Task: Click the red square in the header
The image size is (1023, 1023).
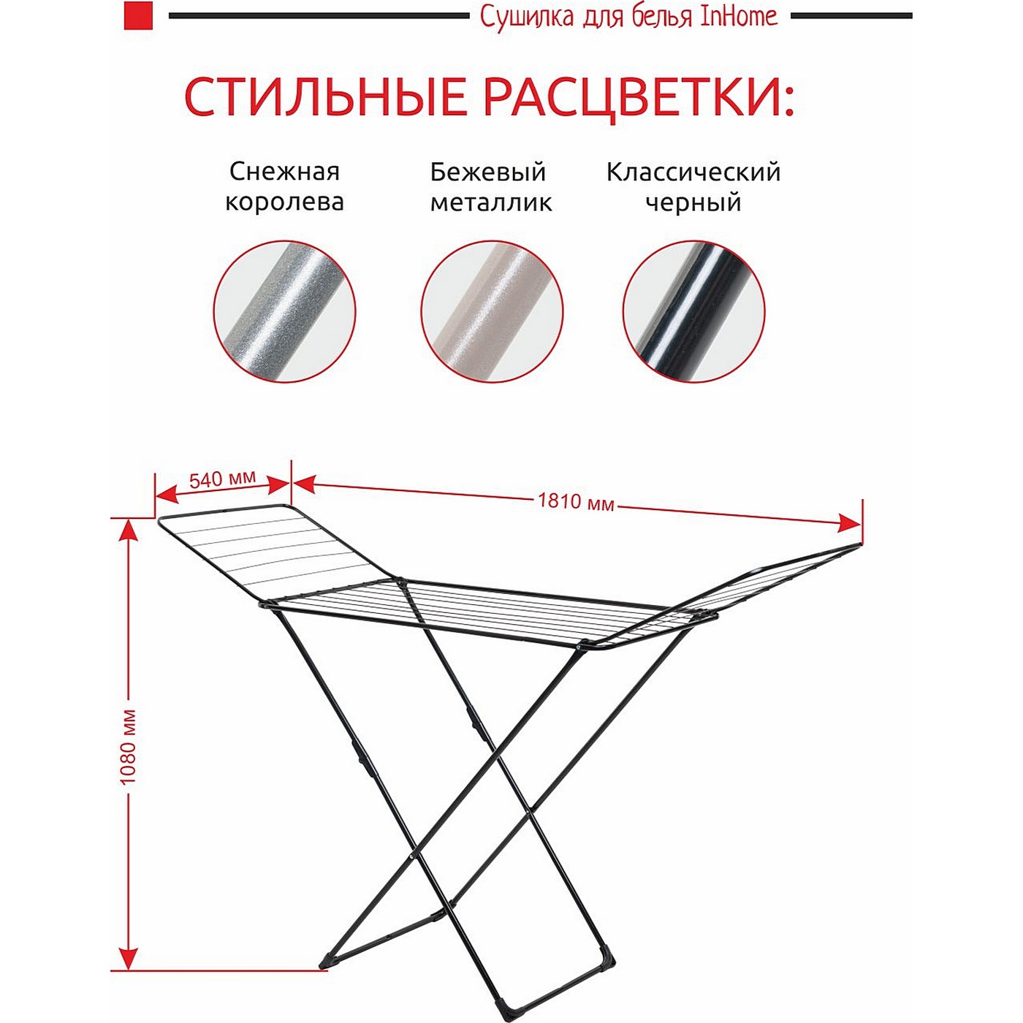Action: [x=138, y=16]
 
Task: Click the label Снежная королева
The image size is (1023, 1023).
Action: [x=284, y=187]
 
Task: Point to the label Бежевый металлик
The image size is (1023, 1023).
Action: [x=490, y=187]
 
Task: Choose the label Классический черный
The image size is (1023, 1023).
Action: [x=693, y=187]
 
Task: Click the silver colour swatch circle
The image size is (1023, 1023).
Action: [x=284, y=311]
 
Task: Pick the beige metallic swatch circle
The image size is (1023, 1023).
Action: [x=492, y=311]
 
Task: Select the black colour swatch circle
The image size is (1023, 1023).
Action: [x=694, y=311]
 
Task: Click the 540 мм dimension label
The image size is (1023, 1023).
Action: [x=222, y=479]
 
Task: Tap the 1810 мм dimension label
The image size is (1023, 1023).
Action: [x=576, y=501]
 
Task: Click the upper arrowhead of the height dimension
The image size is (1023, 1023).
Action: [x=128, y=531]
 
